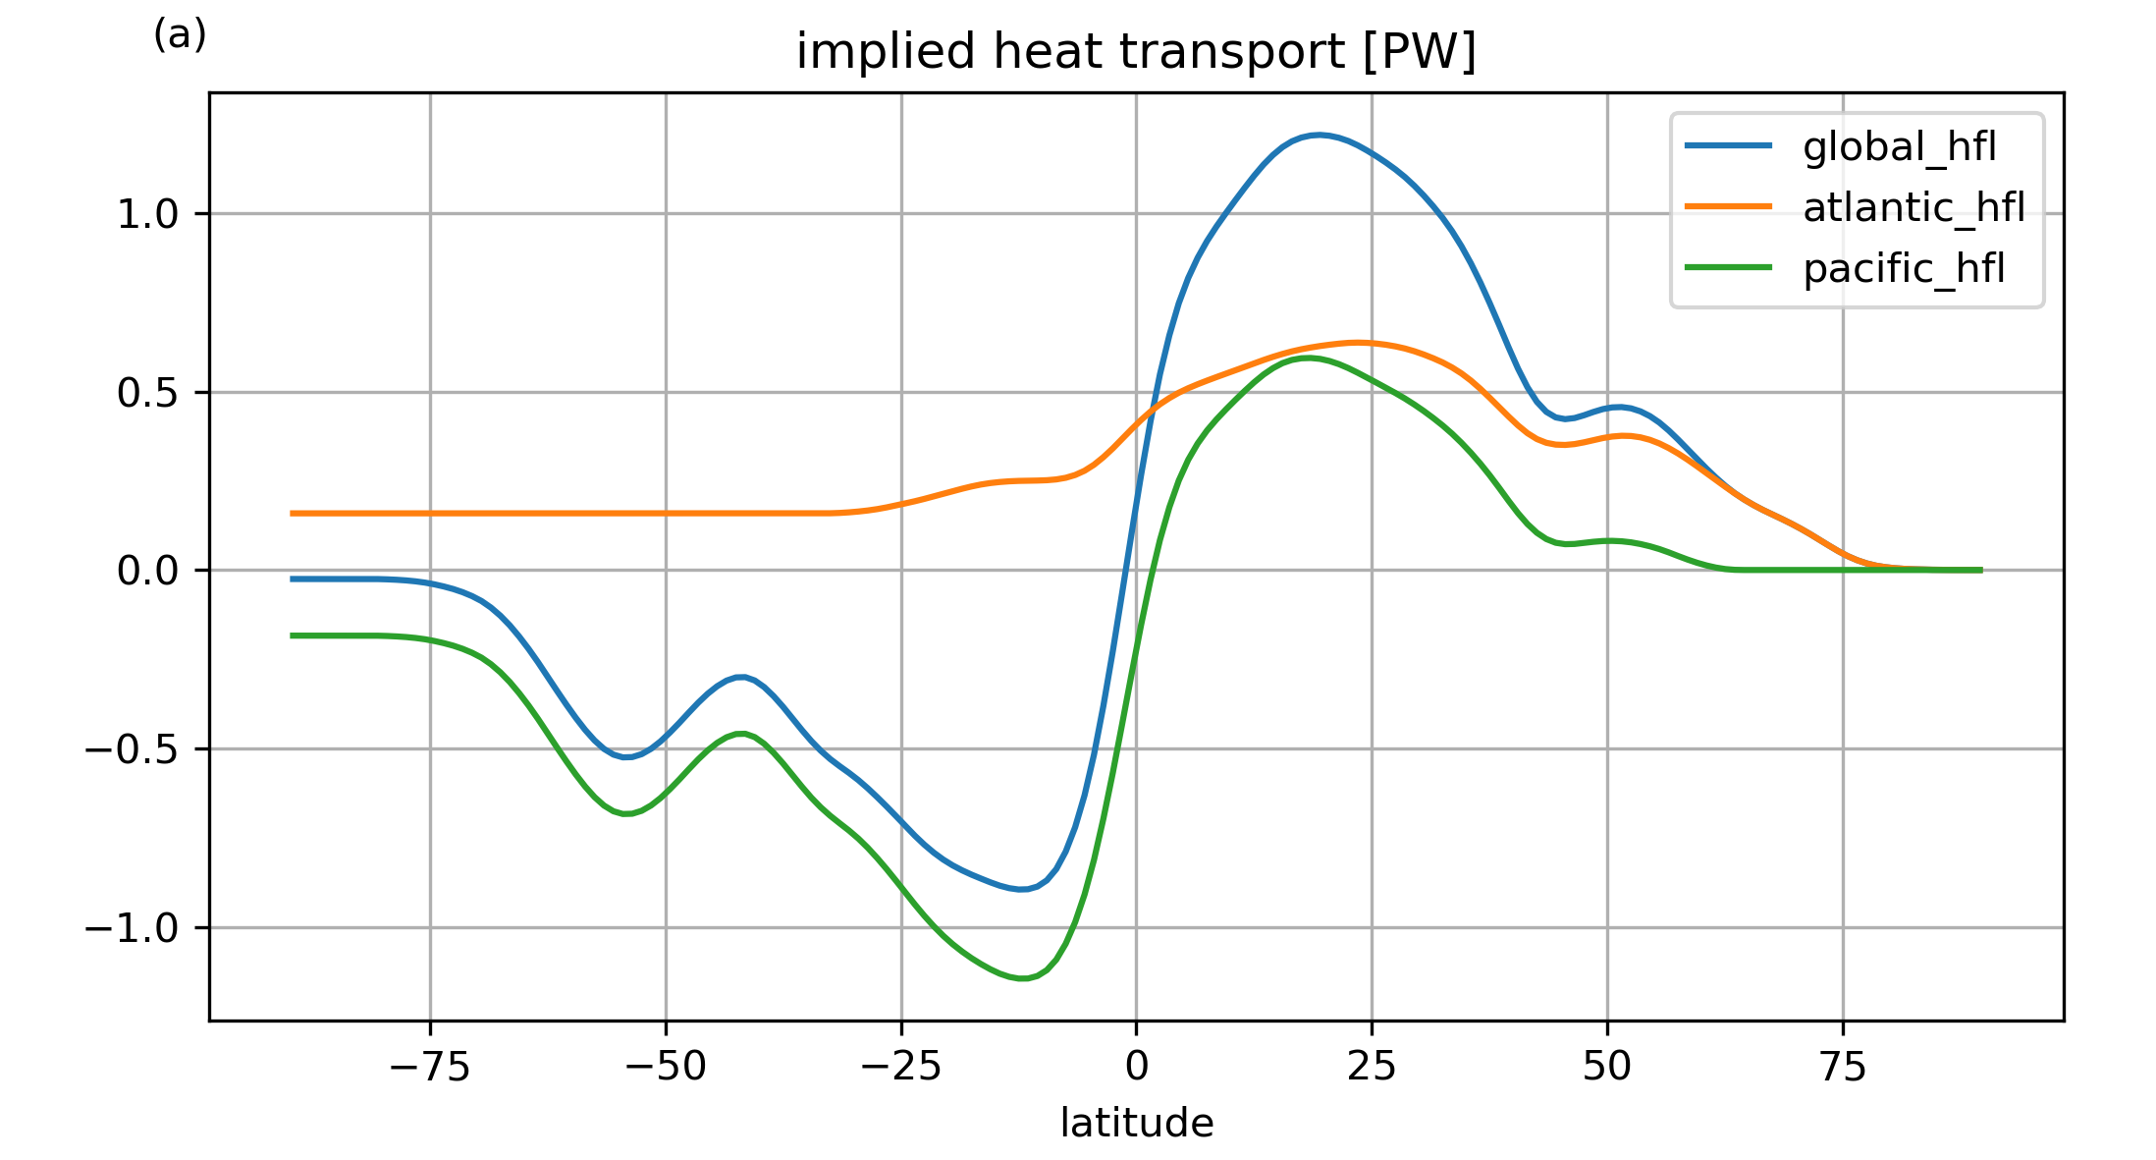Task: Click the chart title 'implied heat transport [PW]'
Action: pyautogui.click(x=1136, y=52)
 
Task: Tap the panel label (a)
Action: pyautogui.click(x=180, y=35)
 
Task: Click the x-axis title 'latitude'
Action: pyautogui.click(x=1136, y=1123)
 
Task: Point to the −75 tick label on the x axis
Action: pyautogui.click(x=430, y=1067)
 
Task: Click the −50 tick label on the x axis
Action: pyautogui.click(x=666, y=1067)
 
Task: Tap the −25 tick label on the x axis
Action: pyautogui.click(x=901, y=1067)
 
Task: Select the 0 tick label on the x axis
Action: pyautogui.click(x=1137, y=1067)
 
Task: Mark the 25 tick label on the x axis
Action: pyautogui.click(x=1372, y=1067)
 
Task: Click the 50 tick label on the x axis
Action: pyautogui.click(x=1607, y=1067)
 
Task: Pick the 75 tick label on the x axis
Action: pyautogui.click(x=1843, y=1067)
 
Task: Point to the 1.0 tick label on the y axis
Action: pyautogui.click(x=148, y=214)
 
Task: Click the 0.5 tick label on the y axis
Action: pyautogui.click(x=148, y=393)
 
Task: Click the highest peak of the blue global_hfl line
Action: pyautogui.click(x=1319, y=135)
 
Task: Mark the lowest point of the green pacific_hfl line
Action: pyautogui.click(x=1022, y=978)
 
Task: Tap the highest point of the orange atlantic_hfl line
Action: pyautogui.click(x=1358, y=343)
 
